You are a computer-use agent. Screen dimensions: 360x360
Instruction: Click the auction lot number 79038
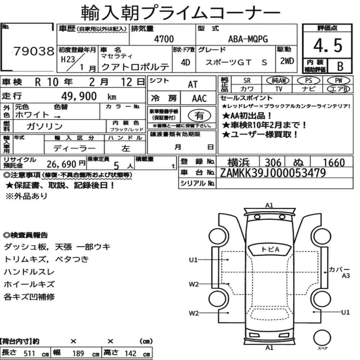pos(34,51)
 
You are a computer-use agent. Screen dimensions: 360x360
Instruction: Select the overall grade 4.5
pos(328,45)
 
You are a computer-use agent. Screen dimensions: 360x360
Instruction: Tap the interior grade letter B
pos(340,66)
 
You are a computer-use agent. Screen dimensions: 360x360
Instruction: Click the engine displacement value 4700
pos(164,39)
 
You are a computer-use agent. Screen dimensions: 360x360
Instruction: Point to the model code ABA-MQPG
pos(248,39)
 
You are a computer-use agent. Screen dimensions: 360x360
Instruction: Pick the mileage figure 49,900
pos(79,96)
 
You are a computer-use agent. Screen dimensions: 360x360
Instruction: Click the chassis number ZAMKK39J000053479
pos(273,173)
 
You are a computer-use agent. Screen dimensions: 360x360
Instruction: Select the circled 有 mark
pos(199,116)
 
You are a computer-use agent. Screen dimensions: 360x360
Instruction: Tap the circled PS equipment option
pos(309,81)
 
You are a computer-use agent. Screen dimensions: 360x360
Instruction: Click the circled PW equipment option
pos(338,81)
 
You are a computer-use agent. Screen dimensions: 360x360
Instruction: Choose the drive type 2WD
pos(287,61)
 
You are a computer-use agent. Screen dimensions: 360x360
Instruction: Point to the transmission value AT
pos(193,85)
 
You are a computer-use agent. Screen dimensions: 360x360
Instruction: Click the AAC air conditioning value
pos(199,99)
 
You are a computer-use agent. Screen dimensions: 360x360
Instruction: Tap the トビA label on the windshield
pos(270,249)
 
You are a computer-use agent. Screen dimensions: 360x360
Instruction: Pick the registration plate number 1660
pos(334,163)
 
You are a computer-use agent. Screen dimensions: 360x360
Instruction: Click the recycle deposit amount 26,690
pos(62,164)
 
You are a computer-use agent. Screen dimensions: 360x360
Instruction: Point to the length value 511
pos(29,354)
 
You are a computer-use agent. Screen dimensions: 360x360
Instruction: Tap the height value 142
pos(130,354)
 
